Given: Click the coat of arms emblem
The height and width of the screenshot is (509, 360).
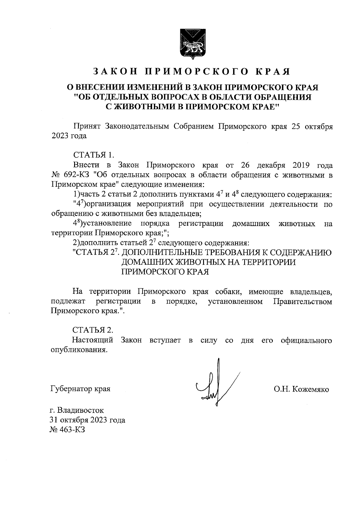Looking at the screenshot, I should tap(192, 43).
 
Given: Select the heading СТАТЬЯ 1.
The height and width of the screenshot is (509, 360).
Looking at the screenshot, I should tap(94, 155).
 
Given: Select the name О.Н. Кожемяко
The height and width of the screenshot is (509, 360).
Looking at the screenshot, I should tap(301, 390).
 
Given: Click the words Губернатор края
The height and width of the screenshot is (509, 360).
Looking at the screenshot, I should tap(80, 389).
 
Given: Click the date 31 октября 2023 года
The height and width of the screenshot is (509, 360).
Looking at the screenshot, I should tap(88, 420).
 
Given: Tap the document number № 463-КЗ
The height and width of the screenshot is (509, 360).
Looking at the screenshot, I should tap(67, 430).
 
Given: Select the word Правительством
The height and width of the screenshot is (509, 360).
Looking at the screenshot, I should tap(303, 302).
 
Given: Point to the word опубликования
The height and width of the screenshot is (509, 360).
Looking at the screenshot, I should tap(79, 350).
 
